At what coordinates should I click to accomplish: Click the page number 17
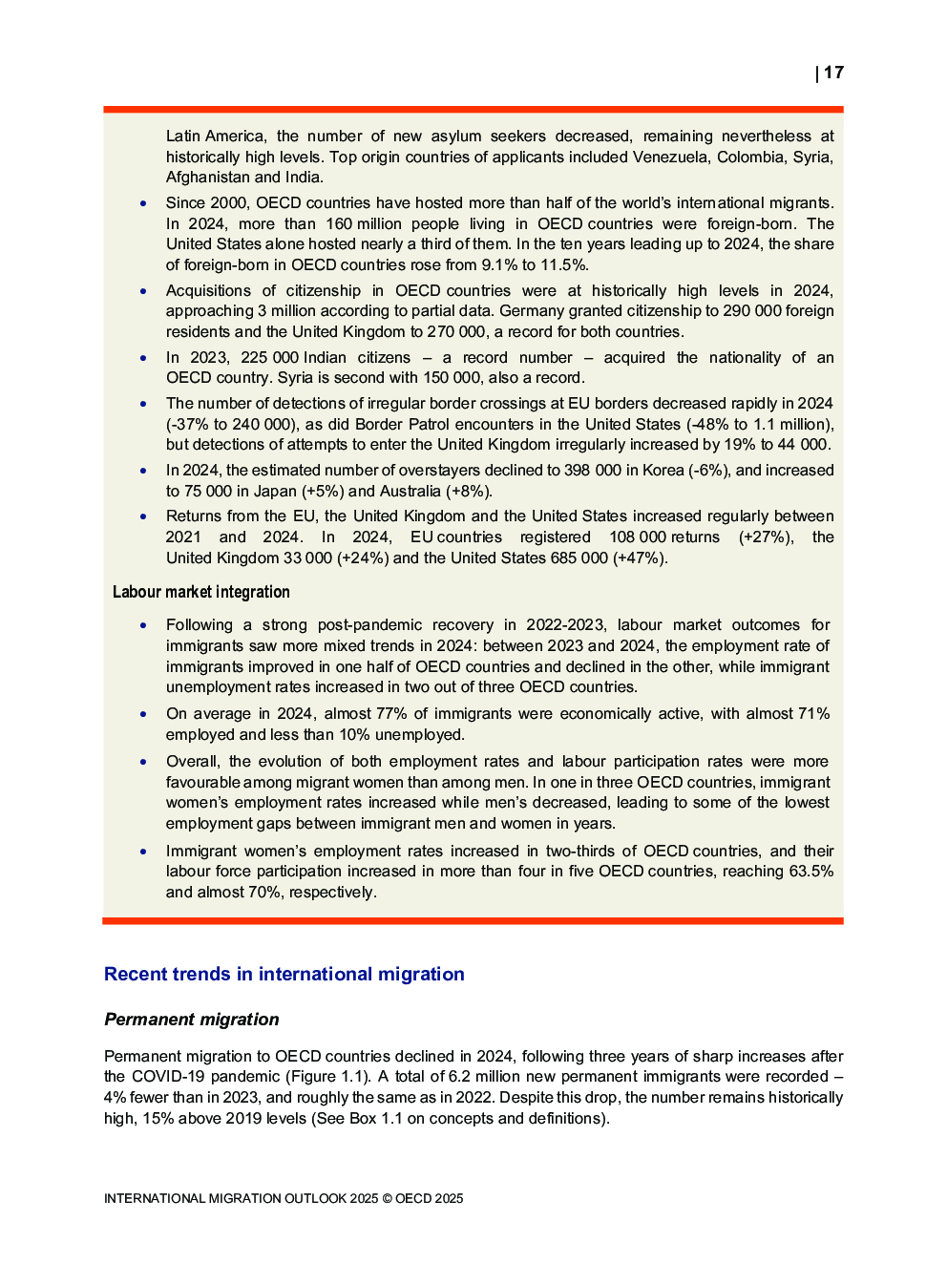click(833, 73)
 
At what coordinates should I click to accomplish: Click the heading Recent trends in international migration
click(284, 974)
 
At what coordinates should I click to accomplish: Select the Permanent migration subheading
click(191, 1020)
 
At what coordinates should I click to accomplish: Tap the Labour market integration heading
click(200, 592)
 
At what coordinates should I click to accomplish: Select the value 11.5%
click(565, 264)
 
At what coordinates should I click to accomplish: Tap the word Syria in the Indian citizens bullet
click(295, 377)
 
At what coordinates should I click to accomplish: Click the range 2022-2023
click(565, 624)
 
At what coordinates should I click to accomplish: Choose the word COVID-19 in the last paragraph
click(168, 1076)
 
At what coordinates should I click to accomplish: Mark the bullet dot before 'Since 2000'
click(143, 203)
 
